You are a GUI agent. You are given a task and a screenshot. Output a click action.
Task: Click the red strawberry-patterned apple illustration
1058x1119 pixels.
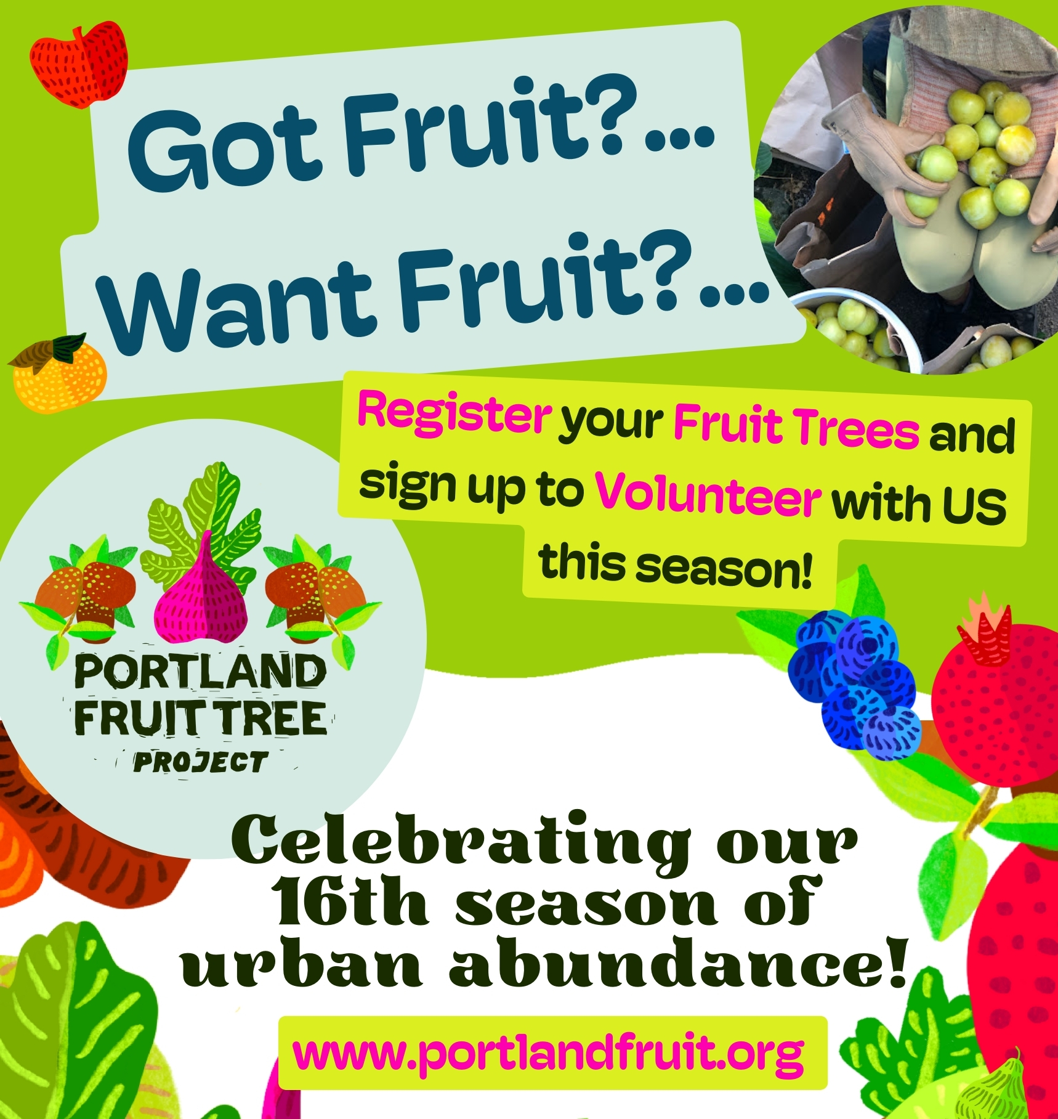79,64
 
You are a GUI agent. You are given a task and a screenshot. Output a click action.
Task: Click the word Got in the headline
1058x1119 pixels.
225,148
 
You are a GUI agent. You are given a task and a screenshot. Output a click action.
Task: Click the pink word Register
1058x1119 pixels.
454,414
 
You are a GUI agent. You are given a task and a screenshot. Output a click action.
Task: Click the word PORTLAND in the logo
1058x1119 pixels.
201,671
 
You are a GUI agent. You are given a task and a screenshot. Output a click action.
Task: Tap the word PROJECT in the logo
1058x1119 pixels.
201,762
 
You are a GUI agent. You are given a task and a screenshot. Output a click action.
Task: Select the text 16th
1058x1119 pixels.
352,902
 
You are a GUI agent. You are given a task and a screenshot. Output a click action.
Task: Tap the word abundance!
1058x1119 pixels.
677,961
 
